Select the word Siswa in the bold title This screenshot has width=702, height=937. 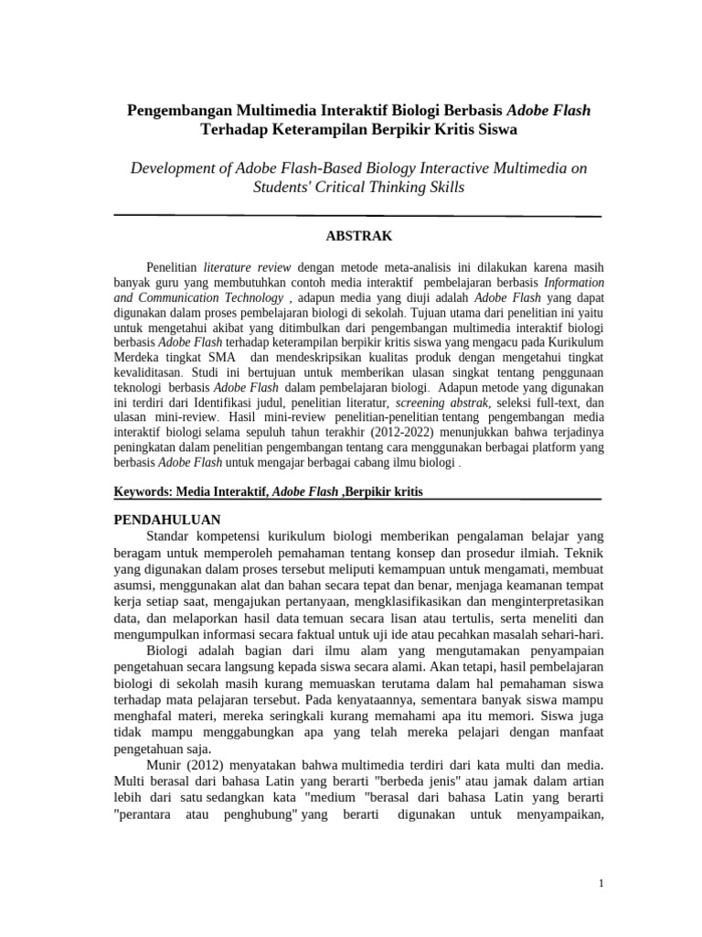tap(497, 129)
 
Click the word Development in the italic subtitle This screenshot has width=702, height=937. tap(177, 168)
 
